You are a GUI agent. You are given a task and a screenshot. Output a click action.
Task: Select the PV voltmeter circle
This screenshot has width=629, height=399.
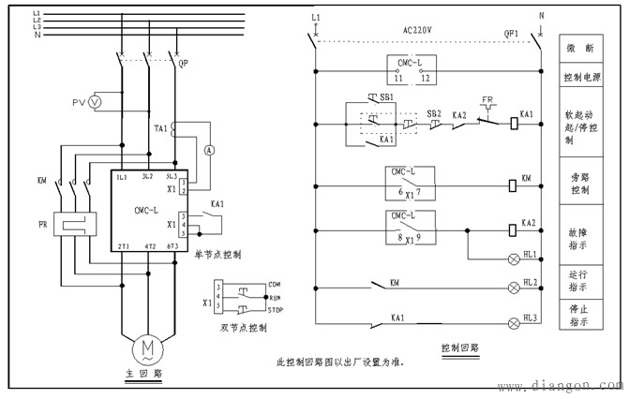(94, 102)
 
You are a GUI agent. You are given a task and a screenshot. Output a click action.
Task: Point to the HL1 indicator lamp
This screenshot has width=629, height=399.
(513, 256)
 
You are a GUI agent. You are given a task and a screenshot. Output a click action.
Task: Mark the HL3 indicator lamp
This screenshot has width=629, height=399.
(513, 323)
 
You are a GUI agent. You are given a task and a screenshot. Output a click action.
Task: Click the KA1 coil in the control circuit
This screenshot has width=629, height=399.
(515, 122)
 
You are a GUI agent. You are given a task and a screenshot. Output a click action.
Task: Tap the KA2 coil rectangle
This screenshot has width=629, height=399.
(514, 229)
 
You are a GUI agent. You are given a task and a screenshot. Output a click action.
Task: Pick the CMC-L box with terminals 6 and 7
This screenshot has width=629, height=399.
(409, 185)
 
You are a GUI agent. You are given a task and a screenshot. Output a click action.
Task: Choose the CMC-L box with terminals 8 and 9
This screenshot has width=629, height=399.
(409, 228)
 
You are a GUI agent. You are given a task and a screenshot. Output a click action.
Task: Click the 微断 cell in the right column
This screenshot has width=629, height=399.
(580, 47)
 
